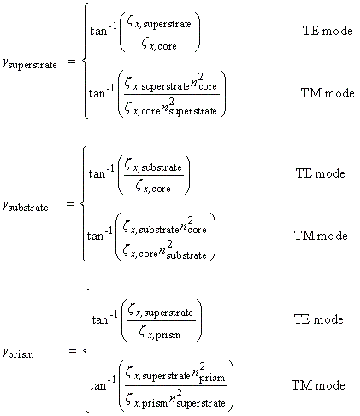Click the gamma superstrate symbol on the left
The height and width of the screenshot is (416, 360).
pyautogui.click(x=30, y=63)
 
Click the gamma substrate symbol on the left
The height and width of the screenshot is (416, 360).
pyautogui.click(x=25, y=206)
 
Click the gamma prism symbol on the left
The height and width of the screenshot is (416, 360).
pyautogui.click(x=18, y=354)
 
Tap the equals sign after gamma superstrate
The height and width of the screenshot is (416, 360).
pyautogui.click(x=72, y=62)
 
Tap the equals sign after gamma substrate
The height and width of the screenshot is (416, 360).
pyautogui.click(x=70, y=204)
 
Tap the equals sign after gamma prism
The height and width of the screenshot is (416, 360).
pyautogui.click(x=73, y=351)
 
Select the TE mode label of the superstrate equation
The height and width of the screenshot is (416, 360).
pyautogui.click(x=328, y=31)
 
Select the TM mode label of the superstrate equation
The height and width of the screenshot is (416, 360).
pyautogui.click(x=328, y=93)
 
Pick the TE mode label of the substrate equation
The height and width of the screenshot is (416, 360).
pyautogui.click(x=321, y=173)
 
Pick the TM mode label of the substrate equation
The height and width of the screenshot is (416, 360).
pyautogui.click(x=321, y=236)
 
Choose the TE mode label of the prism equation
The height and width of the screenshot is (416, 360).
pyautogui.click(x=319, y=319)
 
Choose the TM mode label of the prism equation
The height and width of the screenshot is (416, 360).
pyautogui.click(x=318, y=385)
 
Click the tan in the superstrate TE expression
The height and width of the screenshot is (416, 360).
pyautogui.click(x=98, y=31)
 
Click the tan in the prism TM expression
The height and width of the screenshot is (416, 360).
pyautogui.click(x=97, y=385)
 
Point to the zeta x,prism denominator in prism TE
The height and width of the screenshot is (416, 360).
pyautogui.click(x=160, y=333)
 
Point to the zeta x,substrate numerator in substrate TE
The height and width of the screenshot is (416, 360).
pyautogui.click(x=153, y=166)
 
